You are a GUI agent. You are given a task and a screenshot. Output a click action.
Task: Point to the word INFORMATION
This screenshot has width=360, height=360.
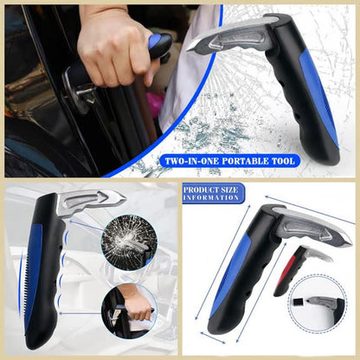pos(211,198)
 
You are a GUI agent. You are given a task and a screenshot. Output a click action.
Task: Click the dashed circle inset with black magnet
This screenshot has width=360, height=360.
pos(317,303)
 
